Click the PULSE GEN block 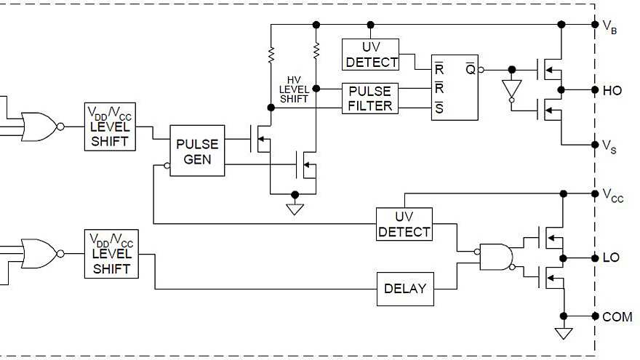point(197,151)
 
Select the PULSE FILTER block point(370,99)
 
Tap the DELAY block point(405,289)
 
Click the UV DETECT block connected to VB point(371,55)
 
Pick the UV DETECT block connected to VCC point(404,225)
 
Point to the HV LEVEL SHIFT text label point(295,89)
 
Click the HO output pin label point(612,91)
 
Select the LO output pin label point(611,258)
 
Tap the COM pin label point(617,317)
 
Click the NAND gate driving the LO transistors point(495,257)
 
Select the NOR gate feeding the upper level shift point(39,127)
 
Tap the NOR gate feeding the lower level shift point(39,254)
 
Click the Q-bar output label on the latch point(471,70)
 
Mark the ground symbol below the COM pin point(563,333)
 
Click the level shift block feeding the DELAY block point(111,254)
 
